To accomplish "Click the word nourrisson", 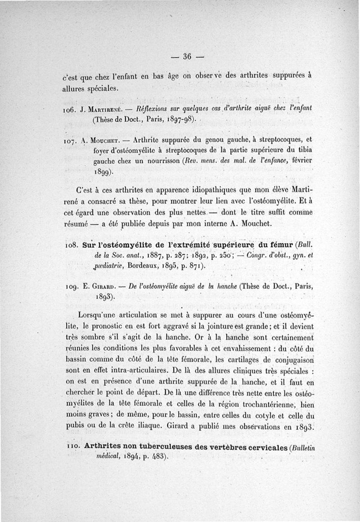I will [149, 161].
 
